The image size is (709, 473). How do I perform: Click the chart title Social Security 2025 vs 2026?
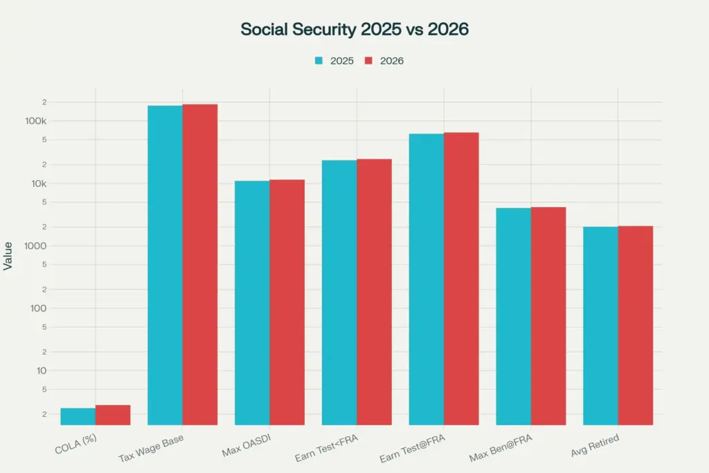(354, 29)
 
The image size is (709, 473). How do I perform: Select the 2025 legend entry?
(334, 61)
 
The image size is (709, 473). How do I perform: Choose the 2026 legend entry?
(384, 61)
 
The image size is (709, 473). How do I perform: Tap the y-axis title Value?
(8, 256)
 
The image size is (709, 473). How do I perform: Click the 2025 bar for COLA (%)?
(78, 416)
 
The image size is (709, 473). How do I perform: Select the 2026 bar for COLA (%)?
(113, 415)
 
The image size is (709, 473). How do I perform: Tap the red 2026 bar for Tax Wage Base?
(200, 263)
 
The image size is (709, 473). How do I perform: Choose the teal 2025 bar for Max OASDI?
(252, 303)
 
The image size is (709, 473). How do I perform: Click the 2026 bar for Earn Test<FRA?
(374, 291)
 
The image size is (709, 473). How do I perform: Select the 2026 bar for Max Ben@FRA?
(548, 315)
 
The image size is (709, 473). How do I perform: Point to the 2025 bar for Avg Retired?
(600, 325)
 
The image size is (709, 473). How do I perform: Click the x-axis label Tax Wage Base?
(151, 449)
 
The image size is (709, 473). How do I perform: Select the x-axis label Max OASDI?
(246, 447)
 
